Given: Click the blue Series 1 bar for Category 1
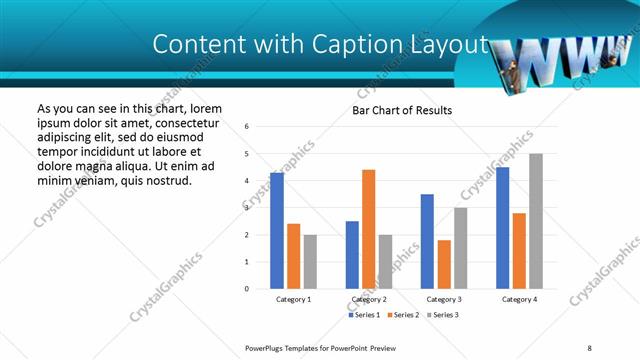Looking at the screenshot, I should [277, 231].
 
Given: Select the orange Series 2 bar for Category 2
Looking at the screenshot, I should [368, 229].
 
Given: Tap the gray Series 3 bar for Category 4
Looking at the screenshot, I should [536, 221].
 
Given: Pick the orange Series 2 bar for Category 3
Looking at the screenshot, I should [444, 264].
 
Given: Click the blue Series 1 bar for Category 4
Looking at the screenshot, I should [502, 228].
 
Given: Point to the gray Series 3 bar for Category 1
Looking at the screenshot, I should [310, 262].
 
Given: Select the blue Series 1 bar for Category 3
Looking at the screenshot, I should [427, 241].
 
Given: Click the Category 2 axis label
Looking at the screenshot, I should [368, 299].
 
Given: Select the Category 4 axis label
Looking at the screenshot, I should [518, 299].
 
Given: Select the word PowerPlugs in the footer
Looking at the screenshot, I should [268, 348].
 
